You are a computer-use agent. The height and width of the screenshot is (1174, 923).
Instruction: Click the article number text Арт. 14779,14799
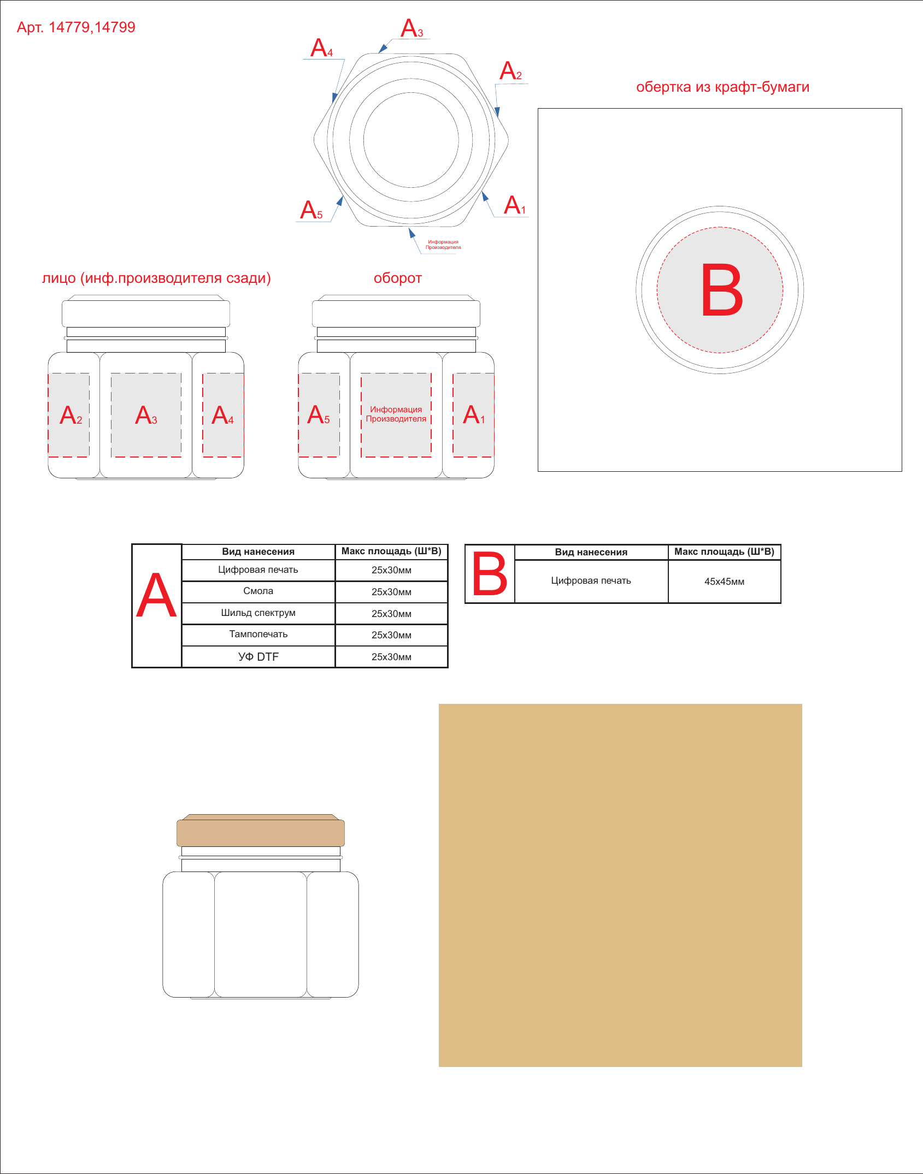click(76, 27)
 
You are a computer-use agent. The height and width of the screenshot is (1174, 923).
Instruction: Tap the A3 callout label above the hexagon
click(411, 28)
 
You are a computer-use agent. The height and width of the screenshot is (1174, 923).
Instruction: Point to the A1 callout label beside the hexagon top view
click(515, 205)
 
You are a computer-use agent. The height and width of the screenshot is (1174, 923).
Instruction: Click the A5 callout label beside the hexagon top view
click(311, 210)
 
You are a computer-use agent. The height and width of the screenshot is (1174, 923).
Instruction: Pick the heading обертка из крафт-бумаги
click(722, 87)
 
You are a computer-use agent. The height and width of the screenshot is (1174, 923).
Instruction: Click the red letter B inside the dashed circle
click(722, 289)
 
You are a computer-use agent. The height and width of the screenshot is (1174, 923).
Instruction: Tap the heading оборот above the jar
click(398, 278)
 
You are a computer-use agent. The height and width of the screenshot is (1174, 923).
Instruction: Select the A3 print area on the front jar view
click(146, 415)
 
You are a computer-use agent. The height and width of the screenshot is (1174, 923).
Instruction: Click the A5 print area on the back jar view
click(319, 415)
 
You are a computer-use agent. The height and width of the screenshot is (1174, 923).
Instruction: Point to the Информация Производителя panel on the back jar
click(396, 414)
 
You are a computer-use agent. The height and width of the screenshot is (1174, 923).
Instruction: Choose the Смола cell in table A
click(258, 591)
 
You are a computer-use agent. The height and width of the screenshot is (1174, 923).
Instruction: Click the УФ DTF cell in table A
click(258, 656)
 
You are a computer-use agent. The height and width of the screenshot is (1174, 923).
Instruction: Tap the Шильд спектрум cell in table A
click(258, 613)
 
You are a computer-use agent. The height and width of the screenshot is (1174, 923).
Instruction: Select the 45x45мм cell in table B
click(724, 582)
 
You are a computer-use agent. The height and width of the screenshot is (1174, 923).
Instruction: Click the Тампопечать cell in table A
click(258, 635)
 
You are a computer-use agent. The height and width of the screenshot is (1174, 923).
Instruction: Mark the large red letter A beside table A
click(156, 595)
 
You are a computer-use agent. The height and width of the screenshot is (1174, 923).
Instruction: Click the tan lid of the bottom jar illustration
click(261, 831)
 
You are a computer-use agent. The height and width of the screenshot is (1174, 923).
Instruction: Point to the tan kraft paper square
click(620, 885)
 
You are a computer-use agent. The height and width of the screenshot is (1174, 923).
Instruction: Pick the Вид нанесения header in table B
click(591, 552)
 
